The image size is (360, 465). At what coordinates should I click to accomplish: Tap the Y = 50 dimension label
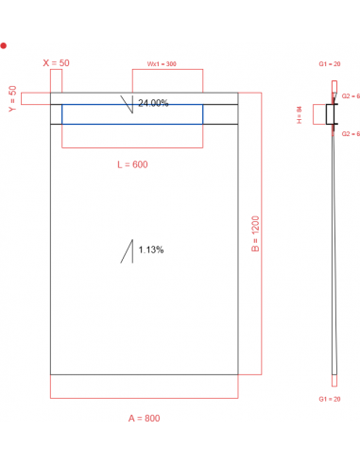(12, 97)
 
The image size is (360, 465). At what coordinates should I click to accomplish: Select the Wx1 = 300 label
(162, 63)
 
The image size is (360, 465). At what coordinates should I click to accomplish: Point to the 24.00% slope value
(153, 103)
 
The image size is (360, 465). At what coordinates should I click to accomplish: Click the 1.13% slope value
(151, 250)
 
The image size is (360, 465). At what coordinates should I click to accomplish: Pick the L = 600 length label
(132, 164)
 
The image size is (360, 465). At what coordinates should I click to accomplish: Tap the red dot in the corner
(4, 44)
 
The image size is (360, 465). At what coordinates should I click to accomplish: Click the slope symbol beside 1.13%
(126, 251)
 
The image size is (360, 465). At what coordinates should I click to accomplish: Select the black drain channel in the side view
(331, 114)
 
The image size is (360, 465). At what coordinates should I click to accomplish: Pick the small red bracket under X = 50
(56, 84)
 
